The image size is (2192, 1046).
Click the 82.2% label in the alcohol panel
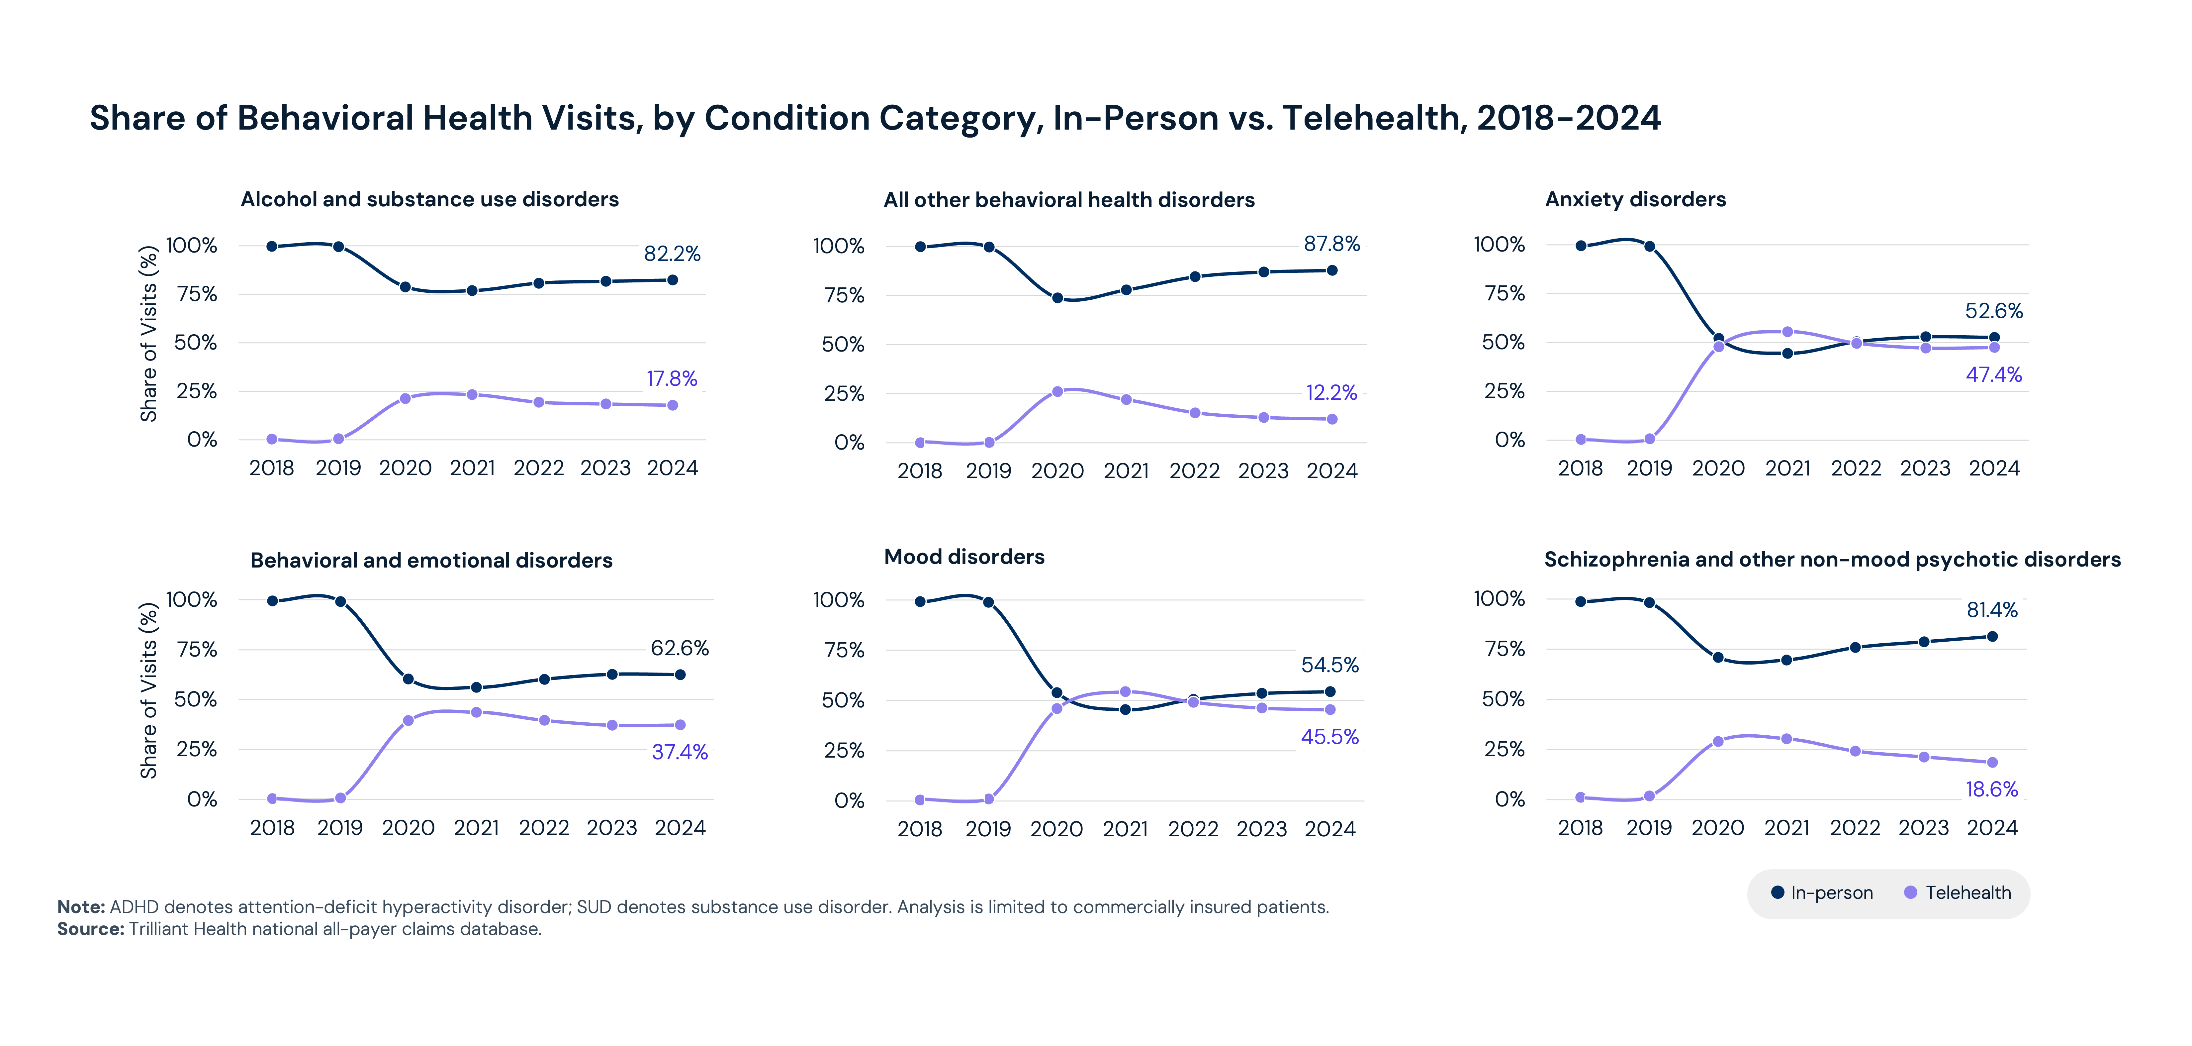tap(672, 254)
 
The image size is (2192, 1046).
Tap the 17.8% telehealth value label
tap(672, 379)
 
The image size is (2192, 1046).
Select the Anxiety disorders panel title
tap(1635, 199)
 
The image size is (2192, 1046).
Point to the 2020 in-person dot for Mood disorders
tap(1057, 693)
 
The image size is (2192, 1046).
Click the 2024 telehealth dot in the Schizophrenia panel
tap(1992, 763)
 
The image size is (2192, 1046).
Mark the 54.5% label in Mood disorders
tap(1329, 665)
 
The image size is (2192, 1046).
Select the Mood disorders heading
tap(964, 557)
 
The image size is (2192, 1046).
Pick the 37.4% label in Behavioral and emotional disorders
tap(679, 752)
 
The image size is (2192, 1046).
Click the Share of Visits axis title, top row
tap(149, 334)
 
